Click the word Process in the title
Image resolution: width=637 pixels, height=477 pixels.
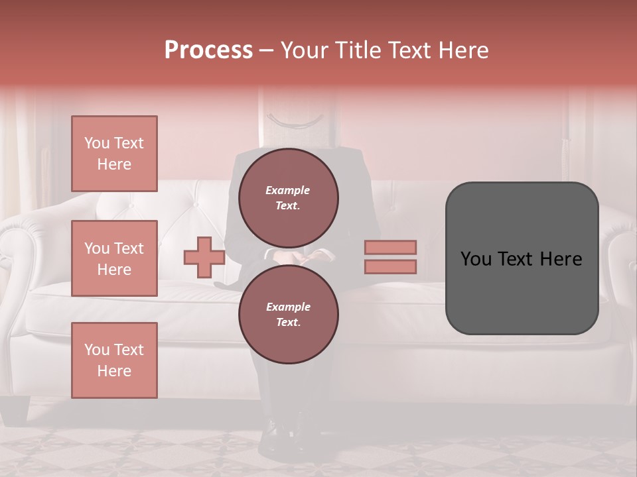point(208,50)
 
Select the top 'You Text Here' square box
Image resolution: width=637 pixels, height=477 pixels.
point(114,154)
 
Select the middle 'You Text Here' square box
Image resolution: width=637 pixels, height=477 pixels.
point(114,258)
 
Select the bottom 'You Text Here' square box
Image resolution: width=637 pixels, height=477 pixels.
point(114,360)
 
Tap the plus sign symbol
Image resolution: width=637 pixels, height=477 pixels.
point(204,258)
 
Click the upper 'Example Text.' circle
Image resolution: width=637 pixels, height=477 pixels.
point(288,198)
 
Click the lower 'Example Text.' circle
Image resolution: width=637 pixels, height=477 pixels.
point(288,315)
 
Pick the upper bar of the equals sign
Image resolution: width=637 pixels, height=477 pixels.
point(390,247)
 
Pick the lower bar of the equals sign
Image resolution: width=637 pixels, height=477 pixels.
point(390,267)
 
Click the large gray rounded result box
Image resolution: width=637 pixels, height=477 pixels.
point(522,258)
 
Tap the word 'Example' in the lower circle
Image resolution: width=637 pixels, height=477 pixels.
point(288,307)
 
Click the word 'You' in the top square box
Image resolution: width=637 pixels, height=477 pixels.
point(97,143)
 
